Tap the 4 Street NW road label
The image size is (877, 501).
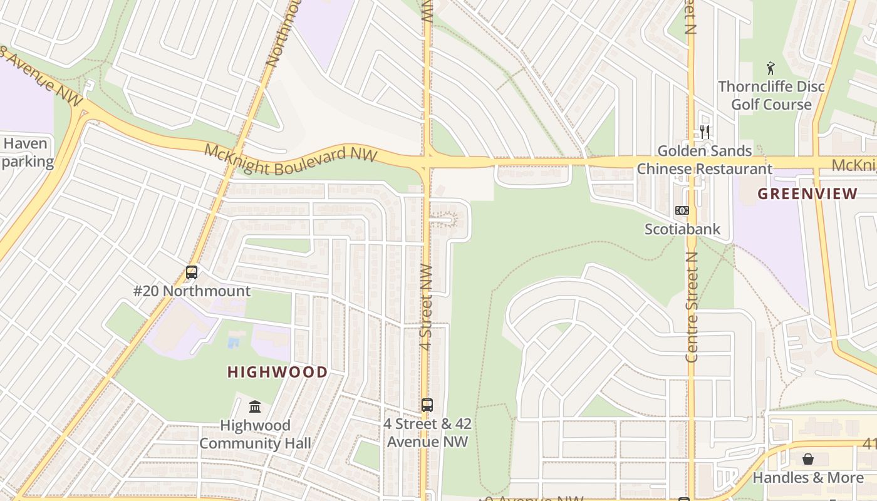(425, 307)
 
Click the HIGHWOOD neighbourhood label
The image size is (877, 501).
(277, 372)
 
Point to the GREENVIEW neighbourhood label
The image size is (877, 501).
(807, 194)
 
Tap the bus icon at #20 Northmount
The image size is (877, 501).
(192, 272)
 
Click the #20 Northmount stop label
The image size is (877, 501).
(192, 291)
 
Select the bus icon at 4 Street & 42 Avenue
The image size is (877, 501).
(427, 405)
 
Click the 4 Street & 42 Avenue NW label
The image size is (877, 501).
(427, 433)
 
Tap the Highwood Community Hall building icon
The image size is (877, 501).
(255, 407)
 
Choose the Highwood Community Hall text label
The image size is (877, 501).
(255, 435)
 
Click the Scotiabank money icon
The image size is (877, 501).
(682, 210)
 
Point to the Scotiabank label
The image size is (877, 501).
(682, 229)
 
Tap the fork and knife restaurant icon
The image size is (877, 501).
(705, 132)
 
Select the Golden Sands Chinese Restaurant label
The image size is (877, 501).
(704, 160)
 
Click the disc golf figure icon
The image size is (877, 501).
(771, 68)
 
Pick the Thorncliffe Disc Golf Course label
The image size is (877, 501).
(771, 95)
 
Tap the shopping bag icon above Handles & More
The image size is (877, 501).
(807, 459)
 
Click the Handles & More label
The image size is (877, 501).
(807, 478)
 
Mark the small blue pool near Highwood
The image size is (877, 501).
(233, 343)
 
